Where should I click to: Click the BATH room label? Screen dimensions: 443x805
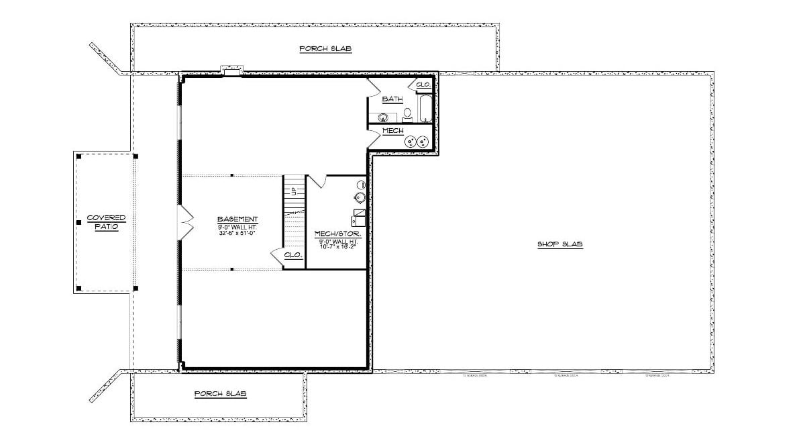pos(392,99)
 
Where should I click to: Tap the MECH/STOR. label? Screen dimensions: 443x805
pos(338,234)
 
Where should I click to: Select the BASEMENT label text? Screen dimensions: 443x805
pos(237,219)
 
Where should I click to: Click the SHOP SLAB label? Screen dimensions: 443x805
pos(560,244)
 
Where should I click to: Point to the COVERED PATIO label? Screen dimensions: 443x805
pos(107,222)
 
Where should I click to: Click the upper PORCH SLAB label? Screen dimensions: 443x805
pos(325,49)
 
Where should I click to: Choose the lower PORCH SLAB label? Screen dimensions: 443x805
pos(221,394)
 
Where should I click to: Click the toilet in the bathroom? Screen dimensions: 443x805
pos(407,113)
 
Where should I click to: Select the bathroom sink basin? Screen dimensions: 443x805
pos(382,117)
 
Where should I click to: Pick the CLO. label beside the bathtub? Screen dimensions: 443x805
pos(423,85)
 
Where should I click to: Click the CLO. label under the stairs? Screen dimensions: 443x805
pos(293,256)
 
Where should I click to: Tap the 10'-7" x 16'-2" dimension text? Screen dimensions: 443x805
pos(338,248)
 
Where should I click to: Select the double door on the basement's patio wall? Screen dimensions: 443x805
pos(185,222)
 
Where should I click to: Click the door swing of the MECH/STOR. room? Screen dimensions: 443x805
pos(317,182)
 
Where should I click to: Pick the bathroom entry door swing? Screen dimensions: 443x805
pos(374,87)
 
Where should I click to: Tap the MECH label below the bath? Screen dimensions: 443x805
pos(392,130)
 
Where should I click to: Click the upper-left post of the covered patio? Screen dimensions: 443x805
pos(79,156)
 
